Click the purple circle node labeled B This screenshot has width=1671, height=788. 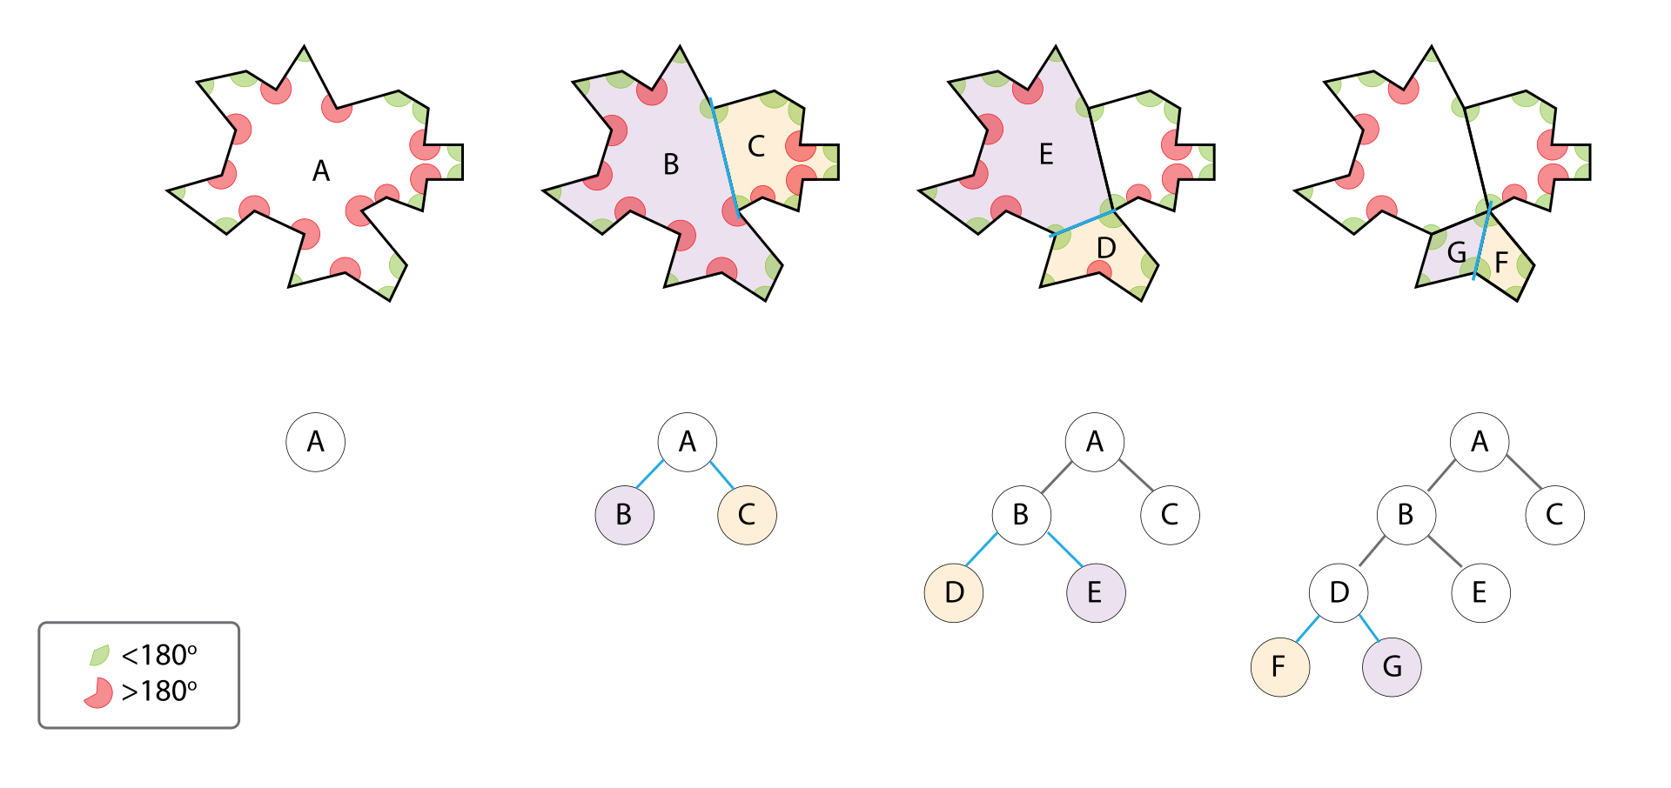(624, 515)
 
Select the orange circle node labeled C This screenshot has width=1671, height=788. (747, 515)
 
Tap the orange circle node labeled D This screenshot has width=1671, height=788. (954, 592)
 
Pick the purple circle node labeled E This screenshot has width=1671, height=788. (1096, 592)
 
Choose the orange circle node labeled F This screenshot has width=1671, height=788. (1279, 667)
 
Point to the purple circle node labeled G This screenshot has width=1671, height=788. (1392, 667)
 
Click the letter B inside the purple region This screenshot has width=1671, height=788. (671, 164)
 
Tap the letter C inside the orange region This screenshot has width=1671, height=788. (756, 146)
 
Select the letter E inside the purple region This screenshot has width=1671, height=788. (1046, 155)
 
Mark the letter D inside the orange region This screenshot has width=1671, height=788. (1106, 249)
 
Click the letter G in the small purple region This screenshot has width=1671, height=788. (1456, 253)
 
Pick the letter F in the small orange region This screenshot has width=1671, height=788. (1501, 263)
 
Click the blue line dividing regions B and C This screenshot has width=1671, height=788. (724, 157)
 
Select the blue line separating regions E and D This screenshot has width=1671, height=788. (1082, 224)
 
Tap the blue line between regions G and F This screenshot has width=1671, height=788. (1482, 241)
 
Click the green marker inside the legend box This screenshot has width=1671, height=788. (99, 655)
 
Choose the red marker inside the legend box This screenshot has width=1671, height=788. (99, 693)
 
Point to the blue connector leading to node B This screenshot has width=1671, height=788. (650, 474)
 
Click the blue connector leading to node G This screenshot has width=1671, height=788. (1370, 629)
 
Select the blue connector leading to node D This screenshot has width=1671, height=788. (982, 550)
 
